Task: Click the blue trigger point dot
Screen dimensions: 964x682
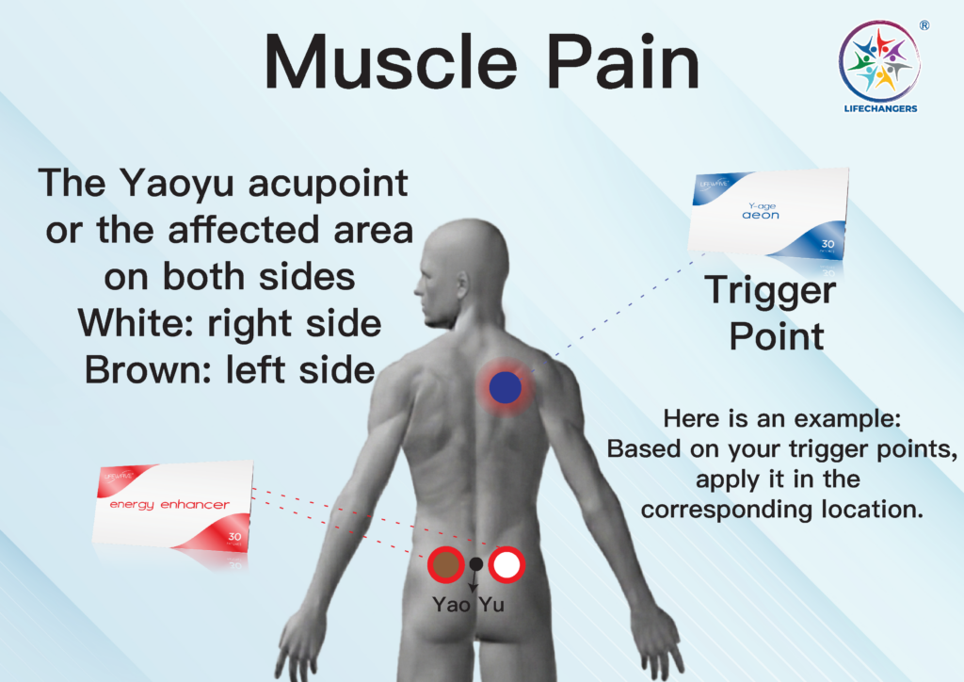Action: point(506,387)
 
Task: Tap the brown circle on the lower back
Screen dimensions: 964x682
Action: point(445,564)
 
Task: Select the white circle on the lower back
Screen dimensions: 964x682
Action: point(506,564)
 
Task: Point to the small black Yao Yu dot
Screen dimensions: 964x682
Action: point(475,563)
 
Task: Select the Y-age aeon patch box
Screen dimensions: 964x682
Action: point(768,212)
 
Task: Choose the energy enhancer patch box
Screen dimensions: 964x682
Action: point(173,505)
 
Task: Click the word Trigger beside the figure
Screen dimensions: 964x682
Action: point(770,291)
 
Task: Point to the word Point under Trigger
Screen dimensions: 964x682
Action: point(777,336)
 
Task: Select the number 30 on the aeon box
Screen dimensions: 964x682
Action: point(828,244)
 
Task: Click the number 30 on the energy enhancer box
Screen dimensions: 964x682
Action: point(234,537)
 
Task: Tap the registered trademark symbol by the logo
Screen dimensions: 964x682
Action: point(924,25)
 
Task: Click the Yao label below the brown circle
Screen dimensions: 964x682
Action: point(451,605)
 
